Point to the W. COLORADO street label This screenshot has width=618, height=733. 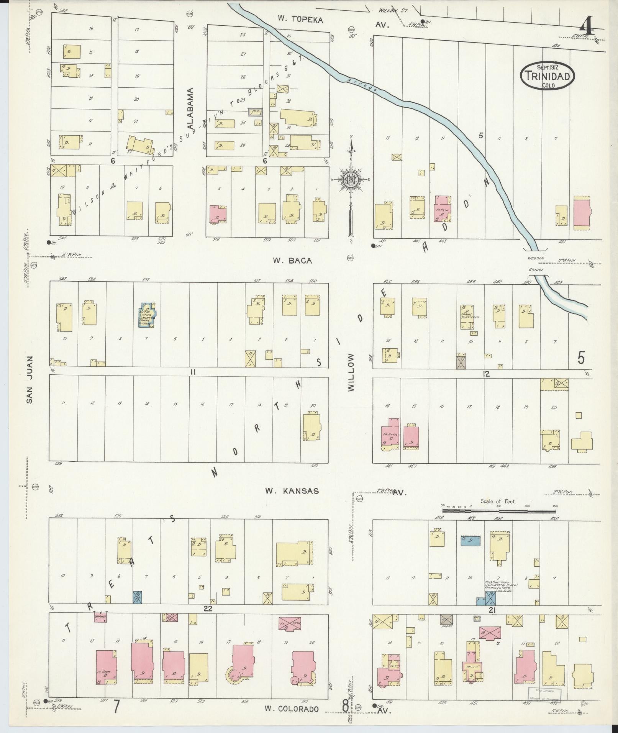(291, 709)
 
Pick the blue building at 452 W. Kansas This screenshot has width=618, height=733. (470, 540)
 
